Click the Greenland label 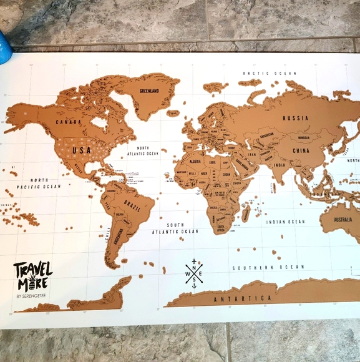point(150,90)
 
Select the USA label point(82,150)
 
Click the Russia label point(296,118)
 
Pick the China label point(301,150)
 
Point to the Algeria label point(196,157)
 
